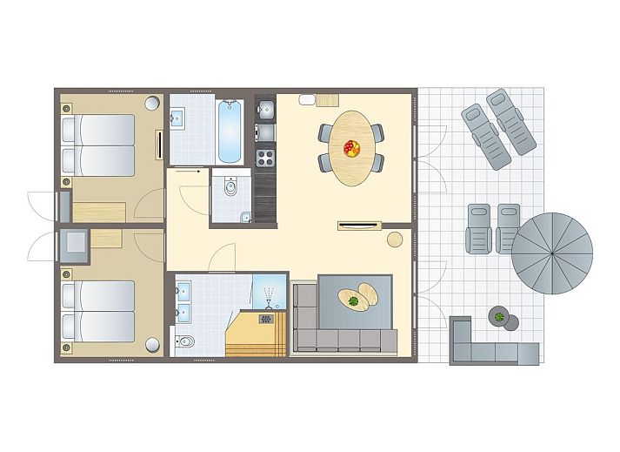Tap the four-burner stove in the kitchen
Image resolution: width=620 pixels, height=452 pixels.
265,158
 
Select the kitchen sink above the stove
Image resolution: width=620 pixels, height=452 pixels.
266,110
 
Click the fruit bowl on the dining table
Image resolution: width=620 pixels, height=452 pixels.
351,148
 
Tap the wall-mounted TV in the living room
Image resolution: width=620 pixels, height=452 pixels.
359,226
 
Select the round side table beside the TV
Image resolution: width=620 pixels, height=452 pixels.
396,237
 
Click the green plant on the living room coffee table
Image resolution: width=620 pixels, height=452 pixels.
354,302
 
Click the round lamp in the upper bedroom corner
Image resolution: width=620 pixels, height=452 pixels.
152,103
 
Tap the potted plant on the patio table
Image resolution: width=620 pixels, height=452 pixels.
500,316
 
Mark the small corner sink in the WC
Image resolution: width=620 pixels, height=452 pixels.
245,217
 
